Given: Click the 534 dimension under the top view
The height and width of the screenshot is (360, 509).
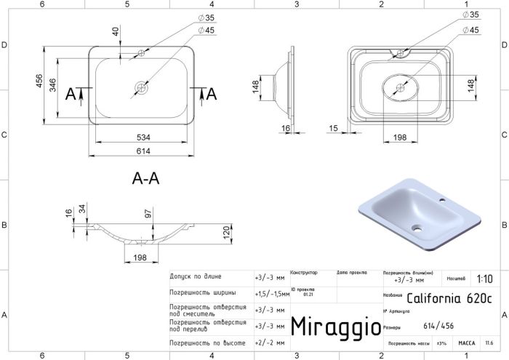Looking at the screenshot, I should [x=142, y=135].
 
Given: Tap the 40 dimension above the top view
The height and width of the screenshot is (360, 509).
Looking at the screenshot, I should [x=115, y=32].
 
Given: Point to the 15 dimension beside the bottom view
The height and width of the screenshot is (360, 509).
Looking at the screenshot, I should [x=332, y=129].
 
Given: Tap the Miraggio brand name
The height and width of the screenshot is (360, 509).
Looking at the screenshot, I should [x=335, y=326].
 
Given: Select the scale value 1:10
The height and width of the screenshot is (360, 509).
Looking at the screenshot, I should [x=484, y=279].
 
